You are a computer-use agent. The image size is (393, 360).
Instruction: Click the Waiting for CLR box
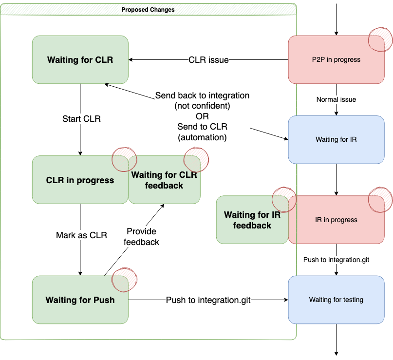(x=80, y=59)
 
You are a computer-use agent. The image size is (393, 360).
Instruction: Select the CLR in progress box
(x=80, y=180)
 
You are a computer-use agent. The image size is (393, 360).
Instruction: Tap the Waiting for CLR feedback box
(x=164, y=180)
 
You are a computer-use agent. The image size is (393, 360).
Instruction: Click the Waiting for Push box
(x=80, y=300)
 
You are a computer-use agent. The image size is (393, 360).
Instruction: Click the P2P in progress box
(x=336, y=59)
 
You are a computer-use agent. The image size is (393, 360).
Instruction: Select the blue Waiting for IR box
(x=336, y=139)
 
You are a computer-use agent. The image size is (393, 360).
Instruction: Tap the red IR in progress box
(x=336, y=220)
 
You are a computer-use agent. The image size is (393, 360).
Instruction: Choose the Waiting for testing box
(x=336, y=300)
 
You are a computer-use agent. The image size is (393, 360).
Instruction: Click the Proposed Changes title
(x=148, y=9)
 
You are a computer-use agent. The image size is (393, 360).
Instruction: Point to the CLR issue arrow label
(x=208, y=60)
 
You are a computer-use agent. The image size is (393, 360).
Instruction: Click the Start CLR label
(x=81, y=118)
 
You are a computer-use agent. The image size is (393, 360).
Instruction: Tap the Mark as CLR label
(x=81, y=235)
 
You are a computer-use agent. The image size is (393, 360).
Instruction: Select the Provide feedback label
(x=141, y=236)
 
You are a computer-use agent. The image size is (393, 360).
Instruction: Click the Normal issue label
(x=336, y=99)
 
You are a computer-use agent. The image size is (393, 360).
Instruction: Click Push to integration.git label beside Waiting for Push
(x=208, y=300)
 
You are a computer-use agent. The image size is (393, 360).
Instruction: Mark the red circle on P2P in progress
(x=380, y=38)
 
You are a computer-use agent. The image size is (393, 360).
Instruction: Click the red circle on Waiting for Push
(x=124, y=279)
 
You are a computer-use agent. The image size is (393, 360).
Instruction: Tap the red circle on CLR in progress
(x=124, y=159)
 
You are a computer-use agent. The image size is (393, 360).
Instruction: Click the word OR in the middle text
(x=202, y=116)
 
